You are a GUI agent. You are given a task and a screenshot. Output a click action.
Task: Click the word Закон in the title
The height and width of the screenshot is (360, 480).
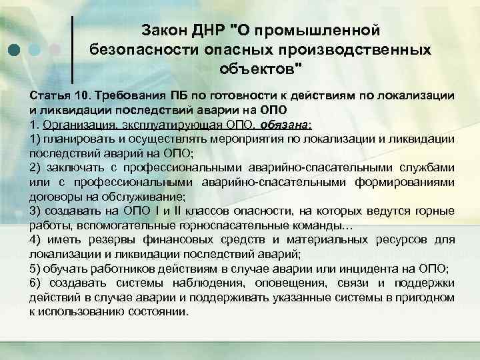click(167, 30)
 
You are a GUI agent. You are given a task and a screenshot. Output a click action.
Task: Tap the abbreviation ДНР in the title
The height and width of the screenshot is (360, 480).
click(211, 30)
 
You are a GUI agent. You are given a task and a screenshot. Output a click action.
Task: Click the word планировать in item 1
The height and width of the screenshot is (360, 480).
click(77, 139)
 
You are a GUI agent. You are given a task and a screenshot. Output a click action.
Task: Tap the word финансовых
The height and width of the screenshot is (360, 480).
click(187, 241)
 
